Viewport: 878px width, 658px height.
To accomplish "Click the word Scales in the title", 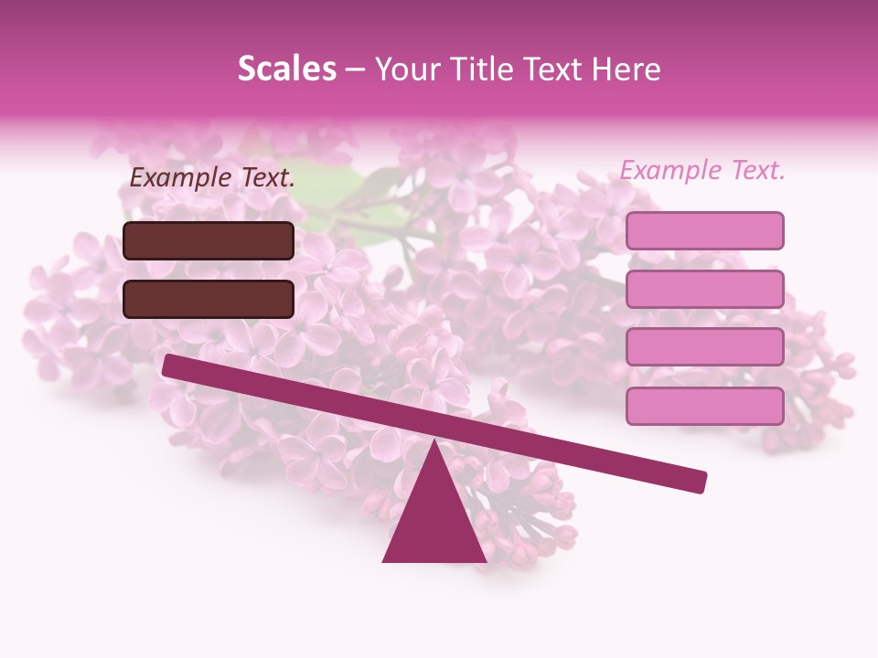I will (x=286, y=69).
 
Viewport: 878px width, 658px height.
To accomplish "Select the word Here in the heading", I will (x=626, y=69).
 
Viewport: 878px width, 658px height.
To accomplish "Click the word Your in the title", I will (x=408, y=69).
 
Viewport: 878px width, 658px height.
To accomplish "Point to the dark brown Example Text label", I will (x=212, y=177).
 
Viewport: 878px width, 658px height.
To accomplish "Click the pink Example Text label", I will (x=702, y=170).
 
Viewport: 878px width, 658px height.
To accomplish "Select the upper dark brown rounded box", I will (x=209, y=240).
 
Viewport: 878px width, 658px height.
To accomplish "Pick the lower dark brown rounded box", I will (x=209, y=299).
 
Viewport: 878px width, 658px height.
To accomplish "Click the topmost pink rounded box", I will (x=704, y=230).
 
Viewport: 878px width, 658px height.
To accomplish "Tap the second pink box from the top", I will (x=704, y=289).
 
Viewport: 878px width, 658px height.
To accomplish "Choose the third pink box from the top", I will (x=704, y=347).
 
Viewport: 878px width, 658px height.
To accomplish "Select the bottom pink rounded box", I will (x=704, y=406).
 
